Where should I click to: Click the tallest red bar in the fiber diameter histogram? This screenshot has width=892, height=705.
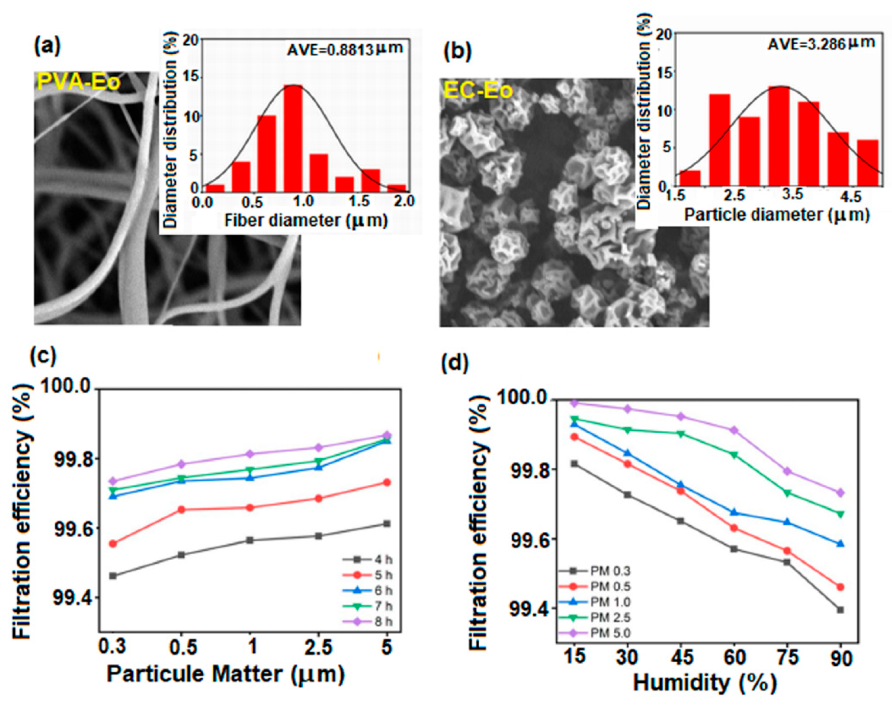(x=293, y=138)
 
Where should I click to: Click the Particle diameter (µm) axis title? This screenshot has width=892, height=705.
(x=776, y=215)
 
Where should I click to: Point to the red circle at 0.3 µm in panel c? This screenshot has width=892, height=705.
(x=113, y=544)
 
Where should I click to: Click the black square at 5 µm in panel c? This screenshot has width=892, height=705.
(x=387, y=524)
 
